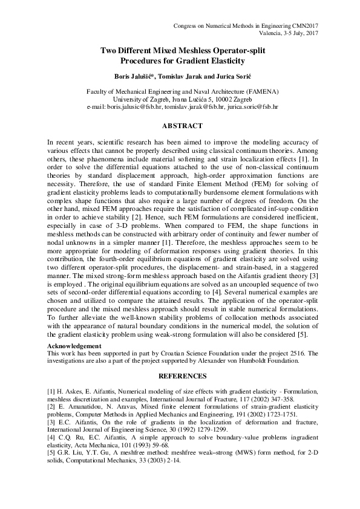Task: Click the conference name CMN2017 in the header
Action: pyautogui.click(x=304, y=25)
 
